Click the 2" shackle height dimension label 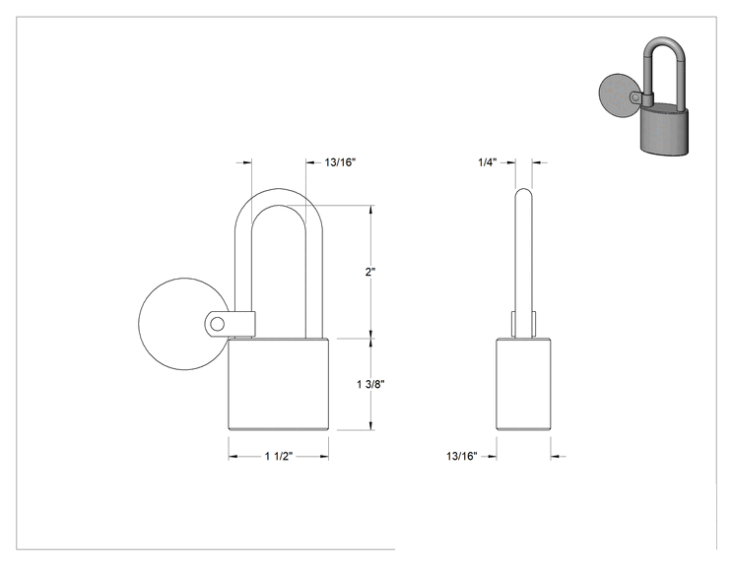(370, 272)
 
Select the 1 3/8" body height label (370, 384)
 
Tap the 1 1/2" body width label (279, 457)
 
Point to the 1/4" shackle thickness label (487, 162)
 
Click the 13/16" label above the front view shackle (340, 162)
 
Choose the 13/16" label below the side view (462, 457)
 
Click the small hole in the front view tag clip (217, 324)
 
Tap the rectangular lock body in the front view (278, 384)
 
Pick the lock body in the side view (523, 384)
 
